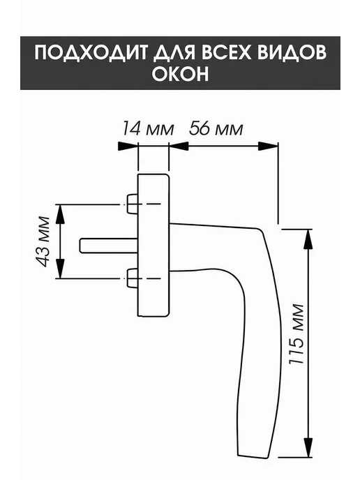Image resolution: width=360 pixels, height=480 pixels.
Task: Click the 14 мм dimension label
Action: coord(148,128)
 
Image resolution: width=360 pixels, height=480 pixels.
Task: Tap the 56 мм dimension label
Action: coord(216,128)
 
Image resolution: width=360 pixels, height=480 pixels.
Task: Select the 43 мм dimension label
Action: coord(43,241)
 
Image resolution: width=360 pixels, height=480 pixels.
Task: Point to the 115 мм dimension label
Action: coord(297,334)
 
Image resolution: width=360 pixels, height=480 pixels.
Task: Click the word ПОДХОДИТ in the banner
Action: coord(92,52)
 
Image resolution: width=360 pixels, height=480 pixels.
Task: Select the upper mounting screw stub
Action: coord(132,204)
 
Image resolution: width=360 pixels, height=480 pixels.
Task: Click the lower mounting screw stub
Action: coord(132,278)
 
